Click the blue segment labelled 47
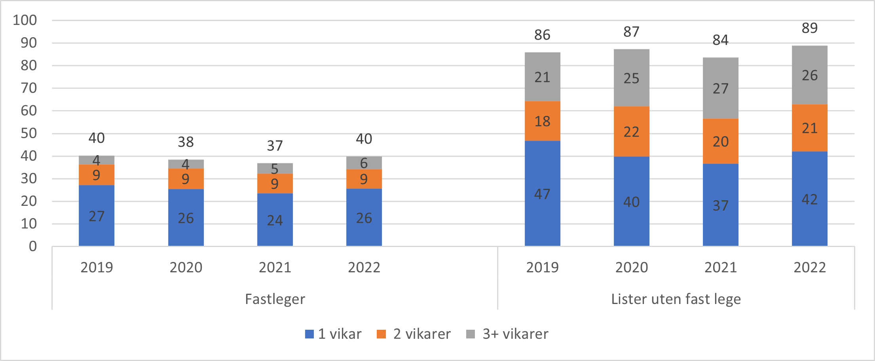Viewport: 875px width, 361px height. pyautogui.click(x=542, y=194)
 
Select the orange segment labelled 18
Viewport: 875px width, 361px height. pyautogui.click(x=542, y=121)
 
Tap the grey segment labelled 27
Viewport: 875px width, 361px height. pyautogui.click(x=720, y=88)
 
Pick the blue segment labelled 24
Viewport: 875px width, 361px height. pyautogui.click(x=275, y=220)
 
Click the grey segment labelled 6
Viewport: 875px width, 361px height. pyautogui.click(x=364, y=163)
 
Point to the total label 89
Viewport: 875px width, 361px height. pyautogui.click(x=809, y=28)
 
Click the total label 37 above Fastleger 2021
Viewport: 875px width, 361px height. pyautogui.click(x=275, y=146)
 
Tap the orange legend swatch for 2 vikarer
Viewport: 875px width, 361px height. pyautogui.click(x=381, y=334)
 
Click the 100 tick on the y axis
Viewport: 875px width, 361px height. pyautogui.click(x=25, y=20)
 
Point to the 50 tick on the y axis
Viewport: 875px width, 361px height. pyautogui.click(x=28, y=133)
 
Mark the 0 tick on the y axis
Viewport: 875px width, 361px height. pyautogui.click(x=32, y=246)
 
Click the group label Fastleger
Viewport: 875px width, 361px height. pyautogui.click(x=275, y=299)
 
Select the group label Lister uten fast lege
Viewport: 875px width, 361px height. pyautogui.click(x=676, y=299)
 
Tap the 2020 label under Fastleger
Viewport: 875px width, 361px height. pyautogui.click(x=186, y=268)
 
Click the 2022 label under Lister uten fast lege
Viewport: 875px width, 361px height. pyautogui.click(x=809, y=268)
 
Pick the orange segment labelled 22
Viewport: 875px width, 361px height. pyautogui.click(x=631, y=131)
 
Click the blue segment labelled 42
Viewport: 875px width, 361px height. pyautogui.click(x=809, y=199)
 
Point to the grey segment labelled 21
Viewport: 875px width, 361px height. pyautogui.click(x=542, y=77)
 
